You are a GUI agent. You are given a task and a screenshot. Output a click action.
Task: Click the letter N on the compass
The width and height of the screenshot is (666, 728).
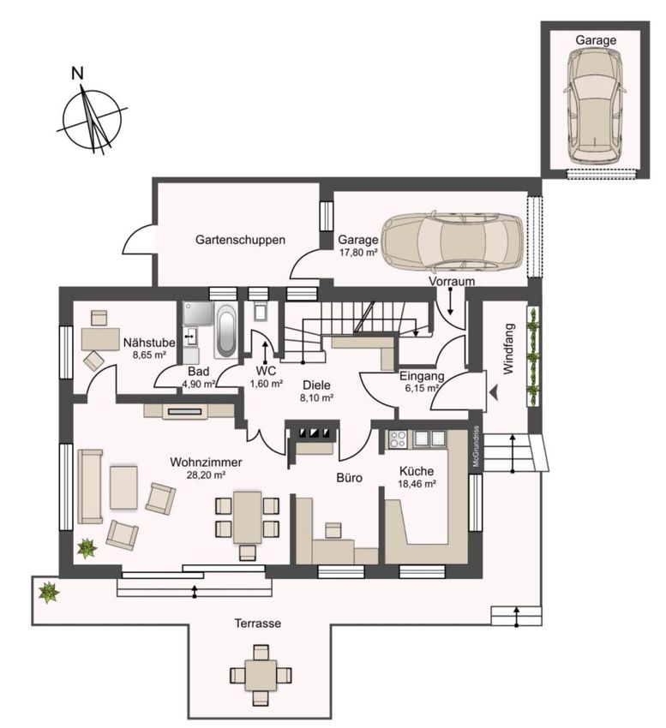[x=78, y=74]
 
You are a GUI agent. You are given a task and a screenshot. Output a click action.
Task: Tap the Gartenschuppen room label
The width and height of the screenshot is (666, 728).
[x=240, y=240]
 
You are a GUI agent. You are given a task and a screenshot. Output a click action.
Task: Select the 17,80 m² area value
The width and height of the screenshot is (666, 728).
[x=358, y=253]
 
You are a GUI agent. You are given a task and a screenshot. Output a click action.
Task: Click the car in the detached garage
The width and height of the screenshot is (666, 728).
[x=596, y=104]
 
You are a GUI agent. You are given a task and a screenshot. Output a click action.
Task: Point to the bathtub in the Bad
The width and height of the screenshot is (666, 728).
[x=226, y=330]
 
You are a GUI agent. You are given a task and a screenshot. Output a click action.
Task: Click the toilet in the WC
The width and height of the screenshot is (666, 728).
[x=261, y=311]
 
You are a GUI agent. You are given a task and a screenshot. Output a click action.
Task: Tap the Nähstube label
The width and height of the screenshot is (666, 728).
[x=149, y=343]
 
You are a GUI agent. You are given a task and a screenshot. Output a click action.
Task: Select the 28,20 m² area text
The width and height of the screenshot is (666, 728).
[x=206, y=475]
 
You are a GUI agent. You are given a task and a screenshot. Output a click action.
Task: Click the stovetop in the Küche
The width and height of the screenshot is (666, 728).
[x=399, y=439]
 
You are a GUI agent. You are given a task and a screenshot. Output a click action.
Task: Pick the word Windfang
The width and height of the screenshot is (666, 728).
[x=508, y=349]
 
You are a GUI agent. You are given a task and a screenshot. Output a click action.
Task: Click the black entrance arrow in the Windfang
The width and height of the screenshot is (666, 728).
[x=494, y=393]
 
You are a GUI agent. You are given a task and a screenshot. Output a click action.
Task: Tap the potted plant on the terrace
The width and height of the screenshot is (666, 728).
[x=48, y=592]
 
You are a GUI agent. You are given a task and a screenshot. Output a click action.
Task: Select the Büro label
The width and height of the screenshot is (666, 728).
[x=350, y=478]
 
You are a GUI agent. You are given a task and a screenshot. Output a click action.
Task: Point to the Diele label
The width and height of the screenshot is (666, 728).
[x=316, y=385]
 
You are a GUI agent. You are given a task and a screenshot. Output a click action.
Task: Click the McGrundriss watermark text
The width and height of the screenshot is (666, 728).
[x=476, y=446]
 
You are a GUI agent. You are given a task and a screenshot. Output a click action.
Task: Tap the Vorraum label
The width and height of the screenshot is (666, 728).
[x=452, y=282]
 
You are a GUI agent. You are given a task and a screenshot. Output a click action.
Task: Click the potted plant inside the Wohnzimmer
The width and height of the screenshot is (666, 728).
[x=87, y=548]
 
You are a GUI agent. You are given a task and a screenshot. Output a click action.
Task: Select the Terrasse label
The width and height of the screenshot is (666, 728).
[x=257, y=623]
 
